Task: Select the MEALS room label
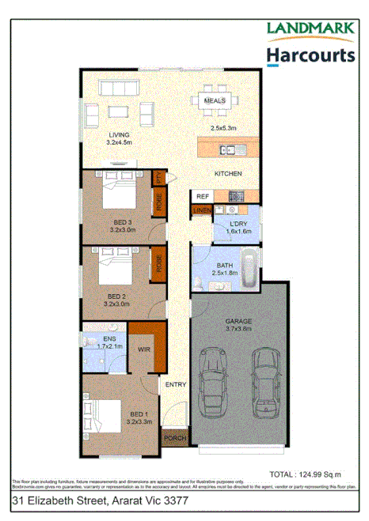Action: pos(215,101)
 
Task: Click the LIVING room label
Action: pos(119,135)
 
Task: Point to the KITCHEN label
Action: pos(228,173)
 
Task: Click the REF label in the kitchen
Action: pos(202,196)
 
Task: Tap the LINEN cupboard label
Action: pos(201,211)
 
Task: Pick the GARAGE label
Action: pos(238,321)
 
